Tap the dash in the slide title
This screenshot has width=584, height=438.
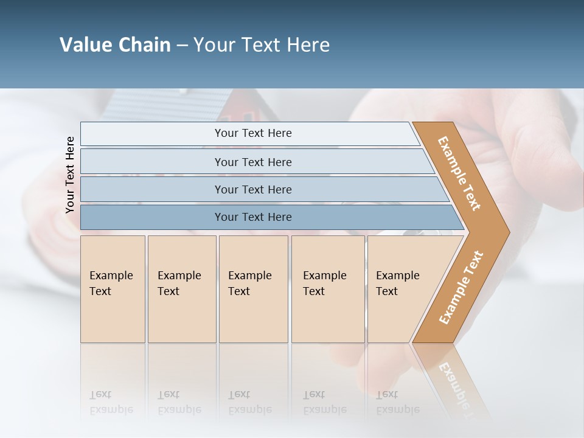click(x=182, y=46)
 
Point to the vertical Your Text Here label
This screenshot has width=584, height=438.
click(x=70, y=175)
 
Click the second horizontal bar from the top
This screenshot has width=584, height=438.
click(x=252, y=162)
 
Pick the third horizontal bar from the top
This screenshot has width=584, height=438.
click(x=252, y=189)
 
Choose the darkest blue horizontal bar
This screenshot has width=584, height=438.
click(x=252, y=217)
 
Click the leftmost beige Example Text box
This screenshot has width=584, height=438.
click(x=113, y=289)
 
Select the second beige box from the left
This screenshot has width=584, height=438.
click(x=182, y=289)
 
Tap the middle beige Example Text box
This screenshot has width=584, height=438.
click(x=253, y=289)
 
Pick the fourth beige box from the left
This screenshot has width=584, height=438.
click(x=328, y=289)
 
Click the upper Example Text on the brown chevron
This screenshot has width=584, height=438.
click(x=459, y=173)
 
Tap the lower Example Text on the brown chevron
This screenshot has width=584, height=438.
click(x=461, y=288)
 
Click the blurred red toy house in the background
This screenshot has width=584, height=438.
click(x=246, y=110)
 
